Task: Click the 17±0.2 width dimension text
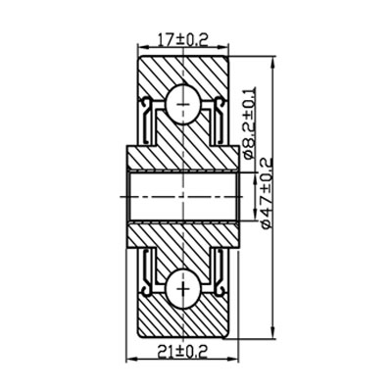coord(184,40)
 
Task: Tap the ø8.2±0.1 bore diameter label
coord(249,122)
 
